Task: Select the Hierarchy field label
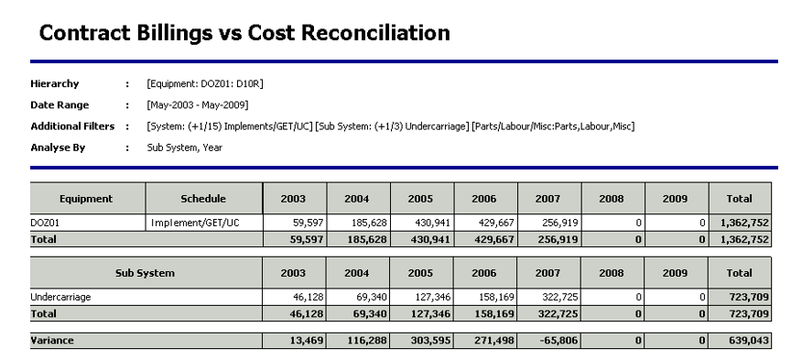click(55, 83)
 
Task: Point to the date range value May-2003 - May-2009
click(198, 105)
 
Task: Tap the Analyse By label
click(58, 147)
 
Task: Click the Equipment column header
click(86, 199)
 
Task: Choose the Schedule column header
click(203, 199)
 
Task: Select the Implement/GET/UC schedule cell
click(195, 223)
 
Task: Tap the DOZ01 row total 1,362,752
click(744, 223)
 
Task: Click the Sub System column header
click(145, 273)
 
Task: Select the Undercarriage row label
click(60, 297)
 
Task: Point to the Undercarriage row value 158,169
click(496, 297)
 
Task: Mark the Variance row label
click(52, 341)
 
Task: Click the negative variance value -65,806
click(558, 341)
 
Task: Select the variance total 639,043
click(749, 341)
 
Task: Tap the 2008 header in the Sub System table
click(612, 273)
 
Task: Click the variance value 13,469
click(306, 341)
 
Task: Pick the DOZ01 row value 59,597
click(308, 223)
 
